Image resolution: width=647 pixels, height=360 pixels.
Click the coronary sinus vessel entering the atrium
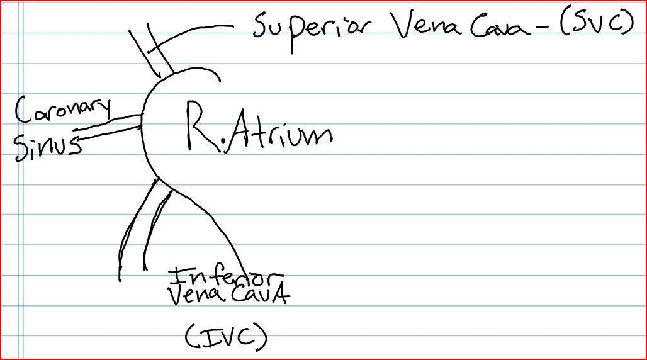click(110, 125)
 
